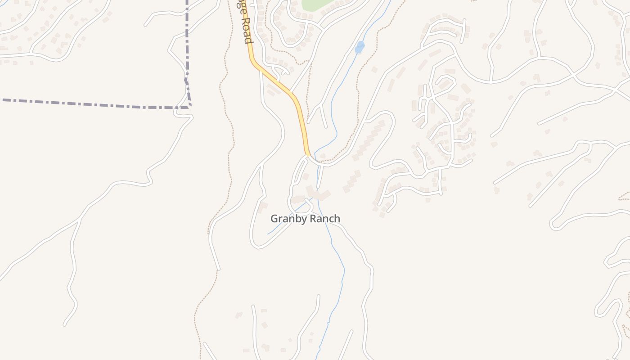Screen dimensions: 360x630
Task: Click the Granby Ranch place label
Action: pos(305,219)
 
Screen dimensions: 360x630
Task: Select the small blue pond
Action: pos(359,47)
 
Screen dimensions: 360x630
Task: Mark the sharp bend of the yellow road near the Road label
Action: pos(254,63)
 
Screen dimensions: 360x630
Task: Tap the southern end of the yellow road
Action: pos(308,154)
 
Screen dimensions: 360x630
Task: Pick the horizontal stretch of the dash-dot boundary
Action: pos(90,103)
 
